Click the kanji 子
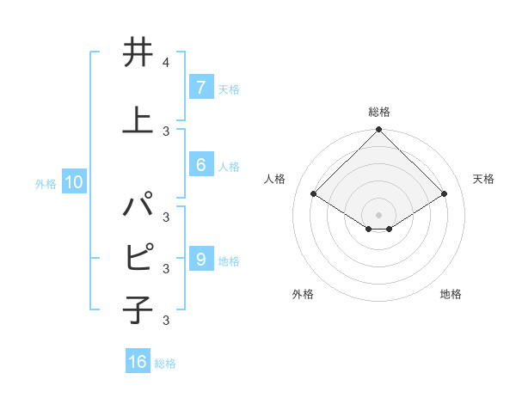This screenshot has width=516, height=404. [x=138, y=309]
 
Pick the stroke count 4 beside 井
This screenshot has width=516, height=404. [x=165, y=64]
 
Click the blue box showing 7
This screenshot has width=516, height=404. [x=200, y=87]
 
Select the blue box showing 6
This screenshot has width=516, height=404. [x=200, y=166]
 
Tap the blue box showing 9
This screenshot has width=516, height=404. [x=200, y=260]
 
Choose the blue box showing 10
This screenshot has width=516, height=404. [x=73, y=182]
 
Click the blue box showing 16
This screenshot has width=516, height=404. [x=138, y=362]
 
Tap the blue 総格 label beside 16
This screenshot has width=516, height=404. [x=165, y=364]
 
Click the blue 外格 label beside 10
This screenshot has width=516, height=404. [x=46, y=183]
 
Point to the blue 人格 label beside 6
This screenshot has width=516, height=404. [x=229, y=167]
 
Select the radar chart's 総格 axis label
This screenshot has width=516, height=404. [x=378, y=112]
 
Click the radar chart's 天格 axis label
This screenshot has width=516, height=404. [x=483, y=179]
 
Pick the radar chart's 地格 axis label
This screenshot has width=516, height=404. [x=451, y=294]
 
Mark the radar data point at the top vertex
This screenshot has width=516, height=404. [x=378, y=130]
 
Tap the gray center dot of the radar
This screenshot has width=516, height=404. [x=378, y=214]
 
